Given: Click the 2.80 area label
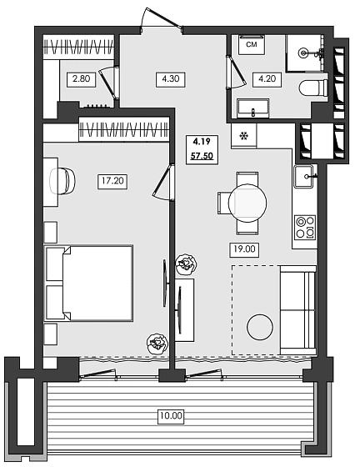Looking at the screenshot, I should tap(82, 80).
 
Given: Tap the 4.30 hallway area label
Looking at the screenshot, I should tap(170, 80).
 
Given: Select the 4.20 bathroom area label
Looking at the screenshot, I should tap(265, 80).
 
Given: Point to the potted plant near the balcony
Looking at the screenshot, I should tap(155, 343).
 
